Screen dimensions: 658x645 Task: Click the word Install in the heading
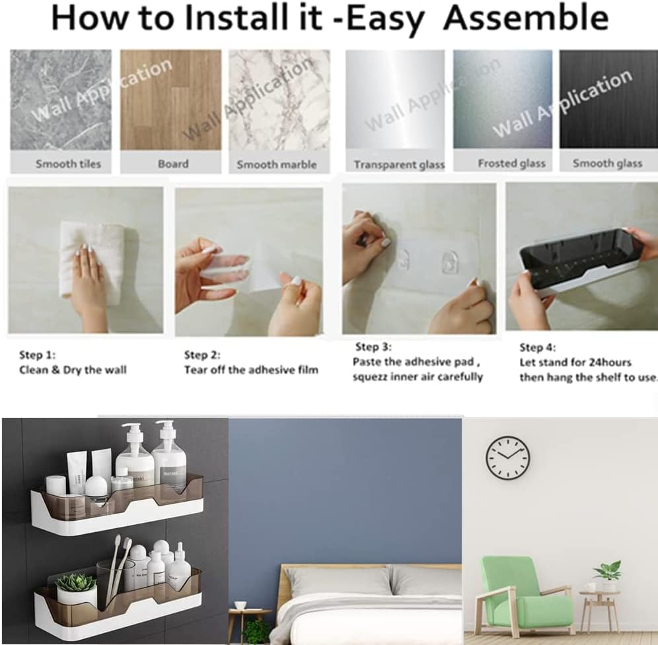pyautogui.click(x=253, y=18)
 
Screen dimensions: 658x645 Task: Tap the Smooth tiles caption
pyautogui.click(x=69, y=164)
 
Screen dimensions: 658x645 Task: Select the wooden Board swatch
pyautogui.click(x=171, y=100)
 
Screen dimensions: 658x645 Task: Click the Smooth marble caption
pyautogui.click(x=277, y=164)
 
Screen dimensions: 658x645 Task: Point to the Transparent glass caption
pyautogui.click(x=399, y=165)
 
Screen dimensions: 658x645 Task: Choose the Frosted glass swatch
pyautogui.click(x=503, y=99)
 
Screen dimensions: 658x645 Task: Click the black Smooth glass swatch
pyautogui.click(x=608, y=99)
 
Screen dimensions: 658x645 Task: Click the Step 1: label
pyautogui.click(x=38, y=355)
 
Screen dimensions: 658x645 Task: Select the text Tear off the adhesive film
pyautogui.click(x=251, y=370)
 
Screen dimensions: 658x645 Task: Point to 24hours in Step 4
pyautogui.click(x=608, y=362)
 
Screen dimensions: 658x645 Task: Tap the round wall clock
pyautogui.click(x=508, y=458)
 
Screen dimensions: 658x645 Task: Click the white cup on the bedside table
pyautogui.click(x=240, y=605)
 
